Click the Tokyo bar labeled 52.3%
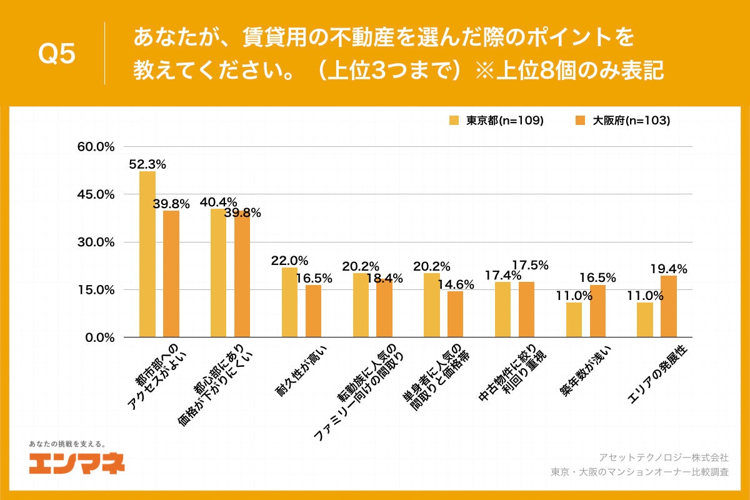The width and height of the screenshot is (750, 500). tap(147, 254)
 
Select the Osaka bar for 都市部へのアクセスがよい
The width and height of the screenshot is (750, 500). tap(171, 274)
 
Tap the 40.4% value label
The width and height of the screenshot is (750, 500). tap(218, 202)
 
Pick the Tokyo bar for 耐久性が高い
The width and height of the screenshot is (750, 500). tap(289, 302)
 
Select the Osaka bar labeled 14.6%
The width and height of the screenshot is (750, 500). tap(456, 314)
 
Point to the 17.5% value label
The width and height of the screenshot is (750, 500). tap(530, 265)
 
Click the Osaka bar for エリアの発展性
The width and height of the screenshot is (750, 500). tap(669, 306)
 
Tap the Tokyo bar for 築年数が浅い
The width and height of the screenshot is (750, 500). tap(574, 319)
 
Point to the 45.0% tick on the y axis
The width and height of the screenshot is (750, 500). tap(95, 194)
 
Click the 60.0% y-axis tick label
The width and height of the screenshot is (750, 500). tap(95, 147)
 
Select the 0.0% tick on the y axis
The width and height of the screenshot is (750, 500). tap(98, 337)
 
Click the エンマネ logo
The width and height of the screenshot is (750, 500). tap(77, 462)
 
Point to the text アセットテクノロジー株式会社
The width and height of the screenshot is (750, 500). tap(664, 457)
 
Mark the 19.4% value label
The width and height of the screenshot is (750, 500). tap(669, 269)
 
